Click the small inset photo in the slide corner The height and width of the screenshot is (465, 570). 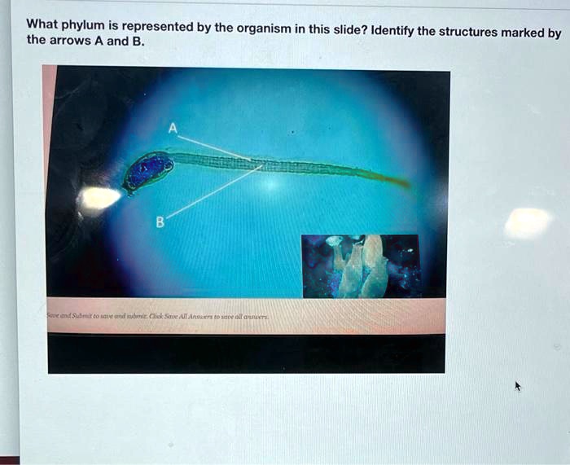361,265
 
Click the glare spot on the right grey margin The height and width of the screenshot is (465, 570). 527,222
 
